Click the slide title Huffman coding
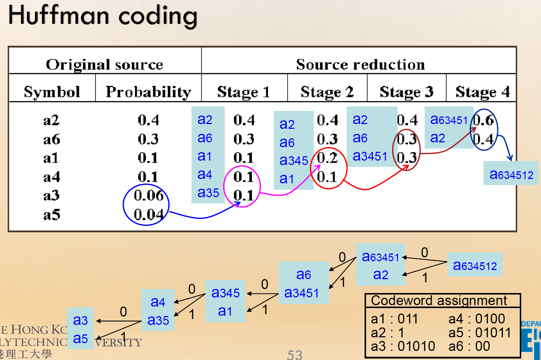tap(103, 16)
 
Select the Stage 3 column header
tap(406, 92)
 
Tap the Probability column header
tap(148, 92)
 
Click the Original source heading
tap(104, 65)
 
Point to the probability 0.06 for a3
tap(148, 196)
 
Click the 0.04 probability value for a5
tap(148, 214)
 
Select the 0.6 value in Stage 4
tap(484, 120)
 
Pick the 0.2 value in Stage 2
tap(327, 158)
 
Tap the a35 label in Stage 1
tap(208, 193)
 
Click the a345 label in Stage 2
tap(294, 161)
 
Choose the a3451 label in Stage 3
tap(370, 156)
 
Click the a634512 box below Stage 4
tap(511, 175)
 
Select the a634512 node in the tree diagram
tap(475, 266)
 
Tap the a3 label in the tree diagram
tap(80, 320)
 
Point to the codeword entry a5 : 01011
tap(480, 333)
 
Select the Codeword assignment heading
tap(439, 301)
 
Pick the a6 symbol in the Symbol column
tap(52, 139)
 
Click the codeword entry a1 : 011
tap(394, 319)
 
